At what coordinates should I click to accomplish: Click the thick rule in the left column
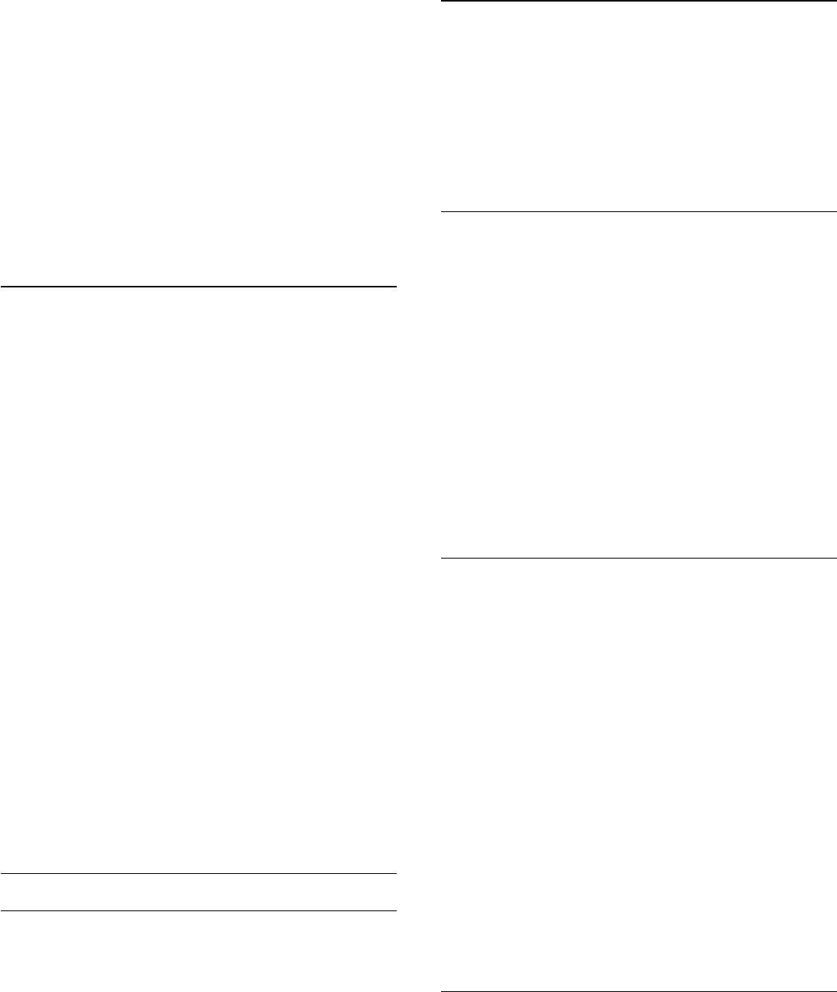coord(198,287)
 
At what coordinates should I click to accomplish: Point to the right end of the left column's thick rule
coord(395,287)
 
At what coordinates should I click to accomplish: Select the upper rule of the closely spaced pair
coord(198,874)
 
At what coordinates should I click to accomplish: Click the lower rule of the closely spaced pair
coord(198,910)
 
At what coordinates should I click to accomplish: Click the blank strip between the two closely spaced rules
coord(198,893)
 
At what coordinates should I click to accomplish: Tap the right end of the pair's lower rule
coord(395,910)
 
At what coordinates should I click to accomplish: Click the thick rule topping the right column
coord(638,2)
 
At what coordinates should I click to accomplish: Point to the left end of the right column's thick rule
coord(442,2)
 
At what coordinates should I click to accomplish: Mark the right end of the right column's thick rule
coord(835,2)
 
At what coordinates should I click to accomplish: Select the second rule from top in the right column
coord(638,211)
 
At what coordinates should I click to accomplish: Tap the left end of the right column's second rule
coord(442,211)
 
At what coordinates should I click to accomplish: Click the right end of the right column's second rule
coord(835,211)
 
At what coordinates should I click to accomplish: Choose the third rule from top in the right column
coord(638,558)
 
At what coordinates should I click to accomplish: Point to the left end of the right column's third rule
coord(442,558)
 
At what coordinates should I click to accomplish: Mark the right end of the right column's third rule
coord(835,558)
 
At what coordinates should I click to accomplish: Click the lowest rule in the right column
coord(638,991)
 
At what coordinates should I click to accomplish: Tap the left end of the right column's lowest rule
coord(442,991)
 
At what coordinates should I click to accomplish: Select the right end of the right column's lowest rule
coord(835,991)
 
